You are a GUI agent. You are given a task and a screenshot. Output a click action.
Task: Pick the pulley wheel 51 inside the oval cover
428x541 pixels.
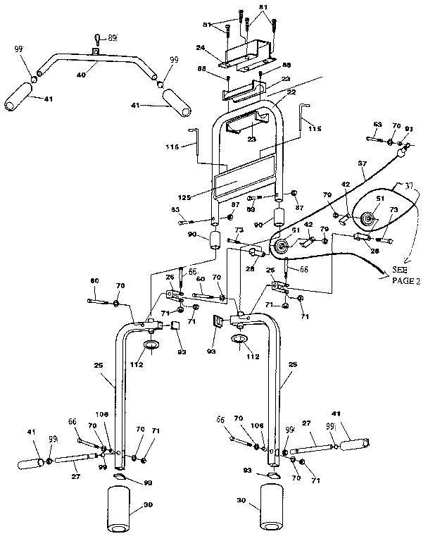(x=367, y=219)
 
